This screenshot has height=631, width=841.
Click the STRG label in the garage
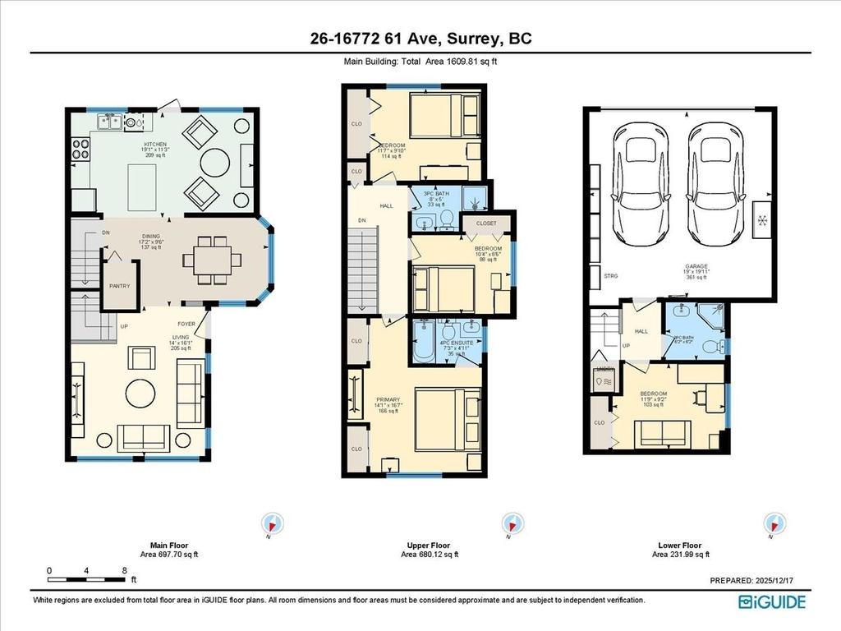tap(610, 277)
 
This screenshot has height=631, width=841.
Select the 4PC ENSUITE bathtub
tap(425, 343)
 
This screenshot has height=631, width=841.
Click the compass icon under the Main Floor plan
tap(273, 523)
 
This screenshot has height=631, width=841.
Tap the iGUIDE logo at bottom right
tap(771, 602)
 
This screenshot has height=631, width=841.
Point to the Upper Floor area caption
tap(429, 550)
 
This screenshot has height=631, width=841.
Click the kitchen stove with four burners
tap(81, 150)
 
